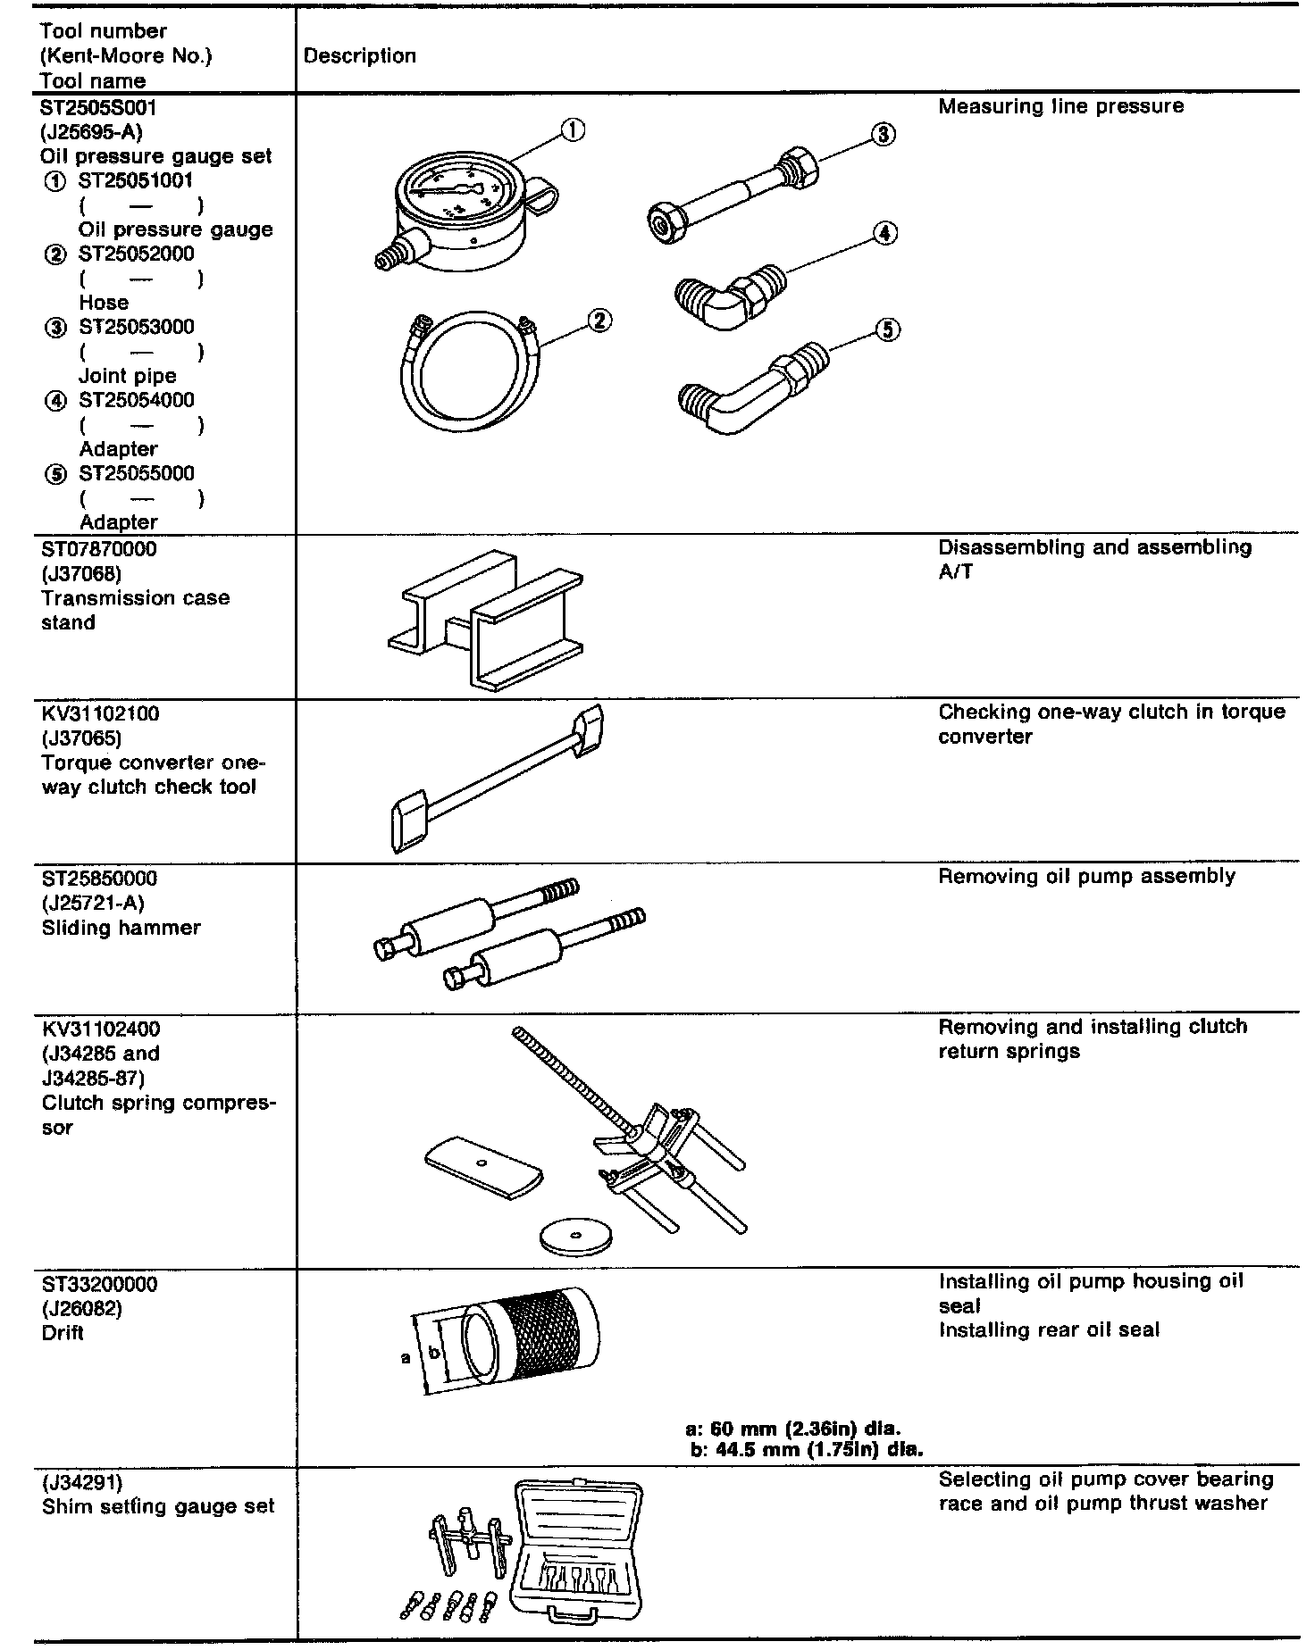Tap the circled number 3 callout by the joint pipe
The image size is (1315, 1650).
pos(883,134)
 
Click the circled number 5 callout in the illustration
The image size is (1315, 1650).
pos(886,330)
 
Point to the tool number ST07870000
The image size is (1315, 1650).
pos(99,549)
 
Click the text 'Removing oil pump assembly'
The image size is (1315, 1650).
pos(1086,877)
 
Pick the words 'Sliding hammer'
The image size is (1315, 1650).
pos(121,928)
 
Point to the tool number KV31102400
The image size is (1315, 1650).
pos(101,1029)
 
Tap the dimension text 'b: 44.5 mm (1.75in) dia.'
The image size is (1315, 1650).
pos(807,1449)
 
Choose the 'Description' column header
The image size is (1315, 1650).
pos(360,56)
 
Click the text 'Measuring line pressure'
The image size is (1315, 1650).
pos(1060,107)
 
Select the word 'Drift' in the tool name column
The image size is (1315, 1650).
pos(63,1333)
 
